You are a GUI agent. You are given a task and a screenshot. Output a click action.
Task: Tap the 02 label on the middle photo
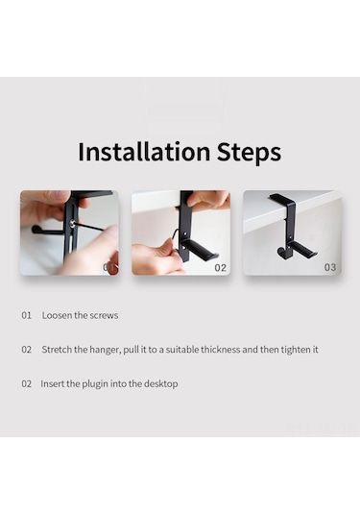pos(220,267)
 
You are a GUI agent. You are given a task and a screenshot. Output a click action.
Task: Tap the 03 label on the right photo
pos(329,267)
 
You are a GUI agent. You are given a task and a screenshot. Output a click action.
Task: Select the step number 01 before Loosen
pos(27,315)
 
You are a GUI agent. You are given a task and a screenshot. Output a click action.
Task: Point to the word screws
pos(103,315)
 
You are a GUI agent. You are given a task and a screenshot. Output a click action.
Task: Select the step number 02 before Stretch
pos(27,350)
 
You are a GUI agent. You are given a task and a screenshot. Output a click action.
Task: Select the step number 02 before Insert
pos(27,383)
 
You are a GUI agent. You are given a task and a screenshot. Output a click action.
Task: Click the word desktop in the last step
pos(157,383)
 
